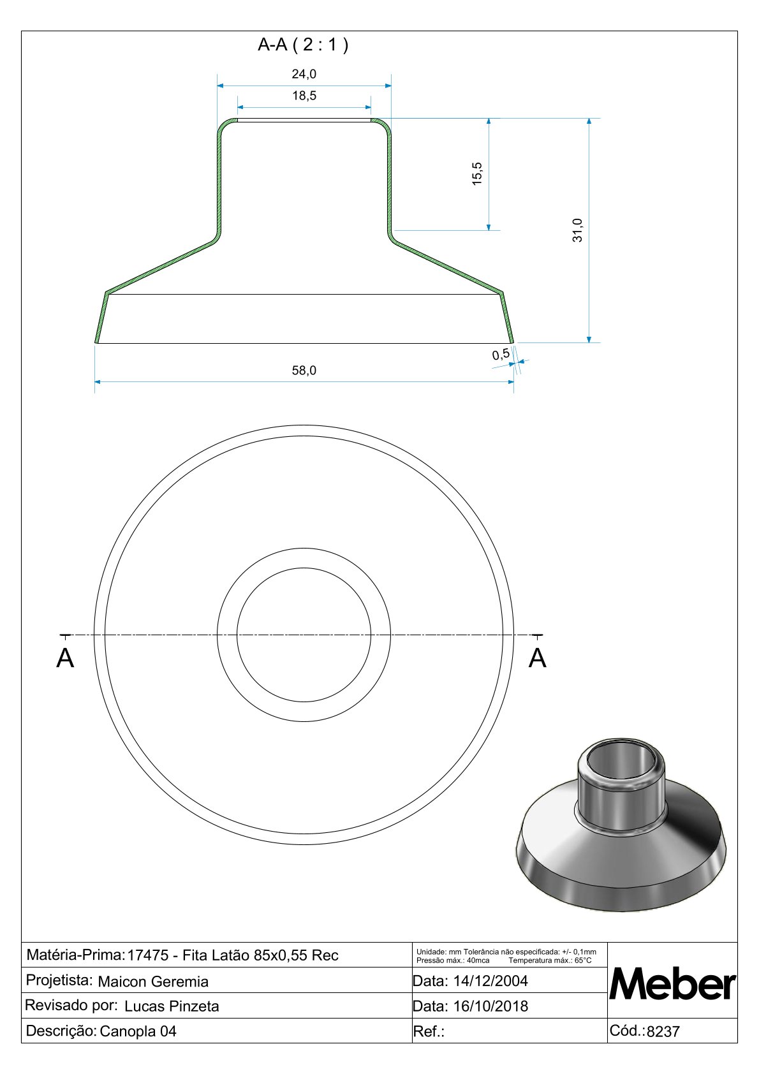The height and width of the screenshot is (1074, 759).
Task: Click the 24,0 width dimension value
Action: coord(304,74)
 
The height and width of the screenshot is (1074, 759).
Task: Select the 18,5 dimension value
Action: coord(304,96)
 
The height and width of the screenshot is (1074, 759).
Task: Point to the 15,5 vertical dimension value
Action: coord(477,173)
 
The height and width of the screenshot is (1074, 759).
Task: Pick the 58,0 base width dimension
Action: coord(304,370)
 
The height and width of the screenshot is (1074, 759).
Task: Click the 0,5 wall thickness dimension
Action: coord(501,355)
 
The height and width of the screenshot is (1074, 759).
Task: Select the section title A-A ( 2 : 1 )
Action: coord(303,45)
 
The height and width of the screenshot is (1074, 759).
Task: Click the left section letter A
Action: coord(65,658)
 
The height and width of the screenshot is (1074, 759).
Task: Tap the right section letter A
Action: coord(538,658)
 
